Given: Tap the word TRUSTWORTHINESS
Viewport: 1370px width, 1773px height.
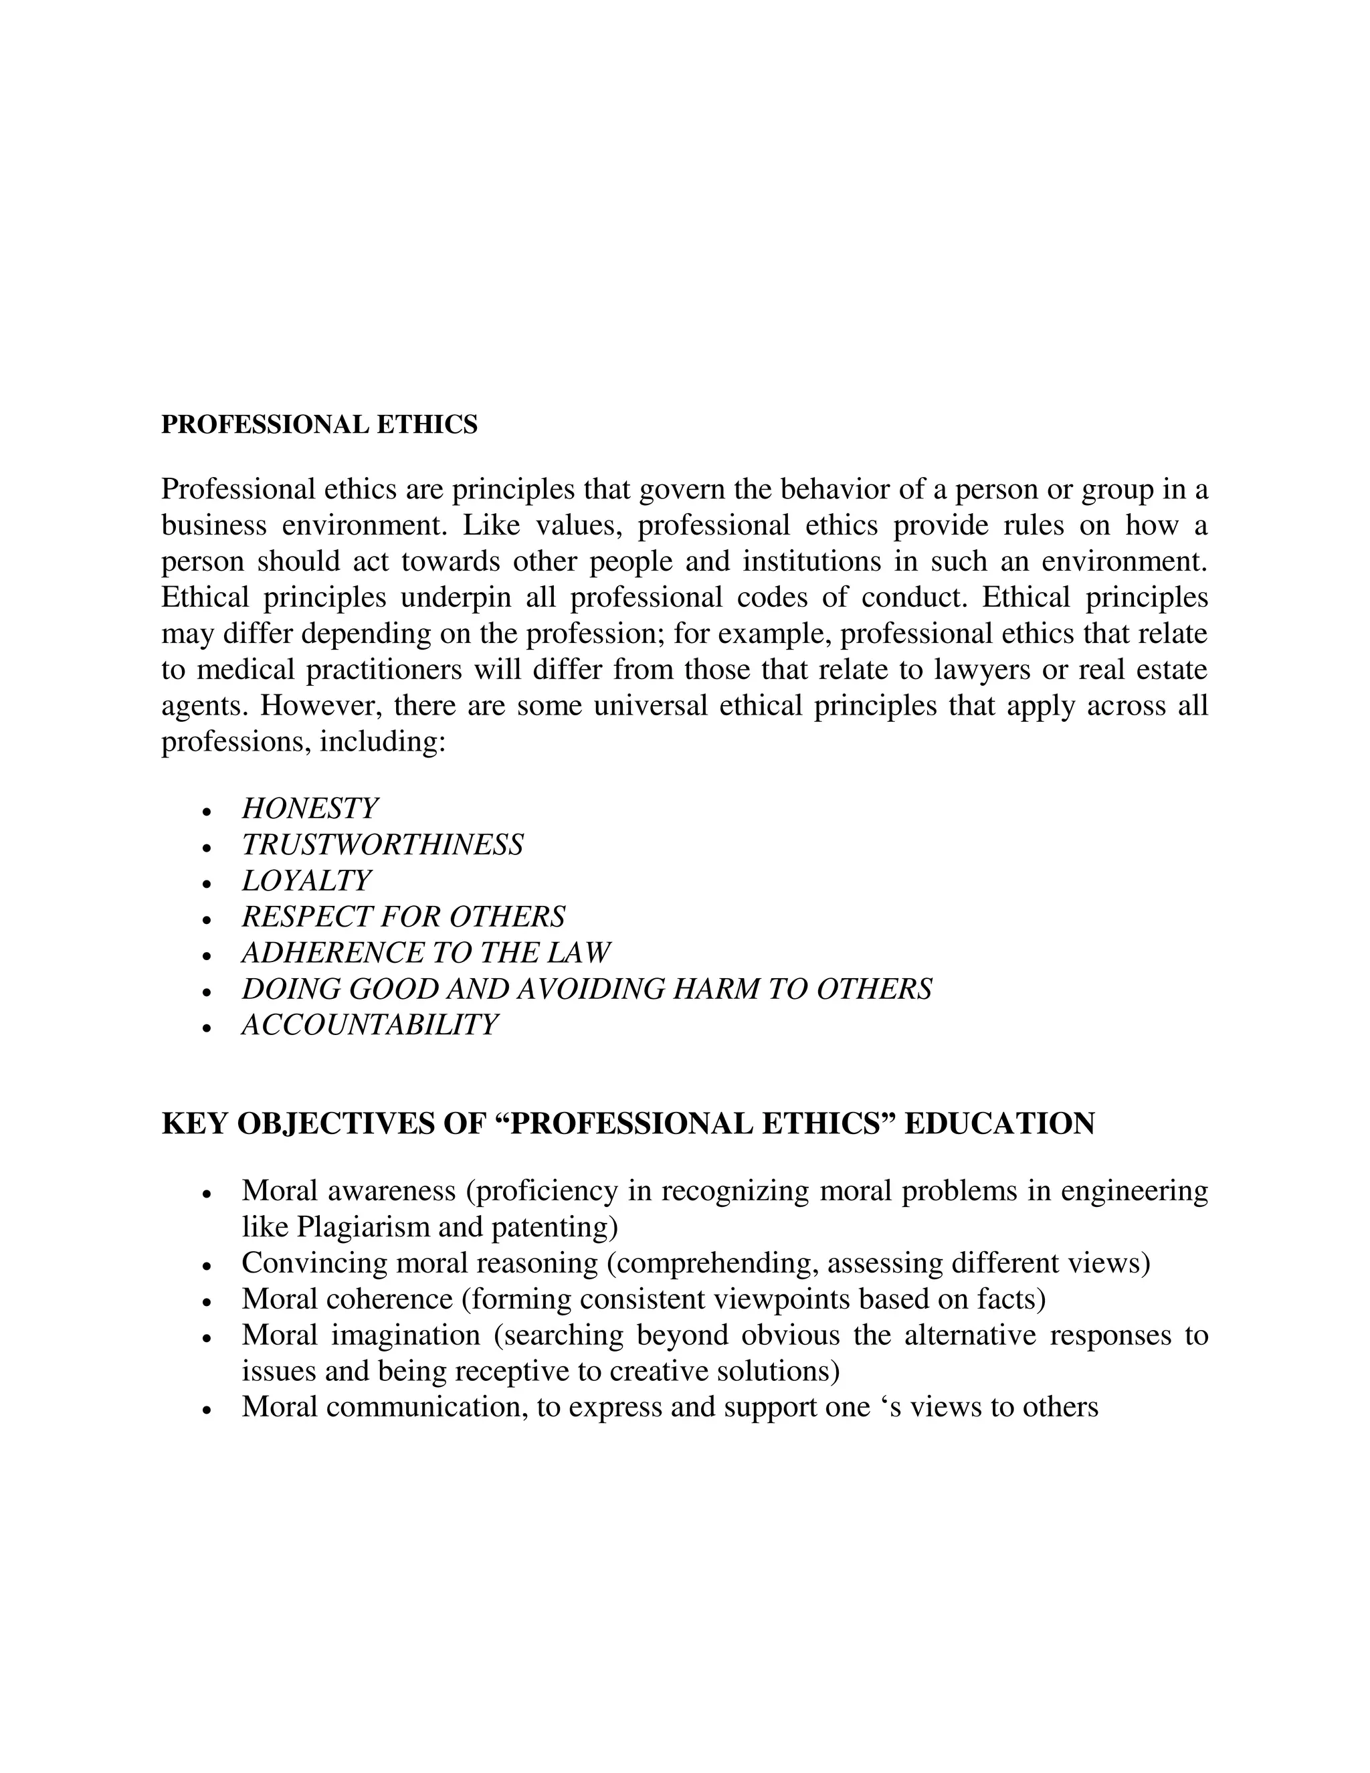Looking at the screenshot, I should (x=382, y=845).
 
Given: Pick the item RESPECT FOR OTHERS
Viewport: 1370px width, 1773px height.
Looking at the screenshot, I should (x=403, y=917).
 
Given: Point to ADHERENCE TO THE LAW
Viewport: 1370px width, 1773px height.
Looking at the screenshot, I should (x=425, y=953).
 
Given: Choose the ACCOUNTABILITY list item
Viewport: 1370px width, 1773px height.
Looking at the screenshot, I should (x=369, y=1025).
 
